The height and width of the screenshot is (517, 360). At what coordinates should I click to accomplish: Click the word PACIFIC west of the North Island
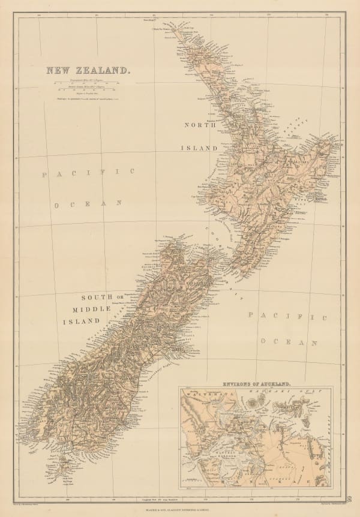(88, 173)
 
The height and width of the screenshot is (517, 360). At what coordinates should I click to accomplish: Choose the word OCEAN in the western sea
(89, 204)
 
